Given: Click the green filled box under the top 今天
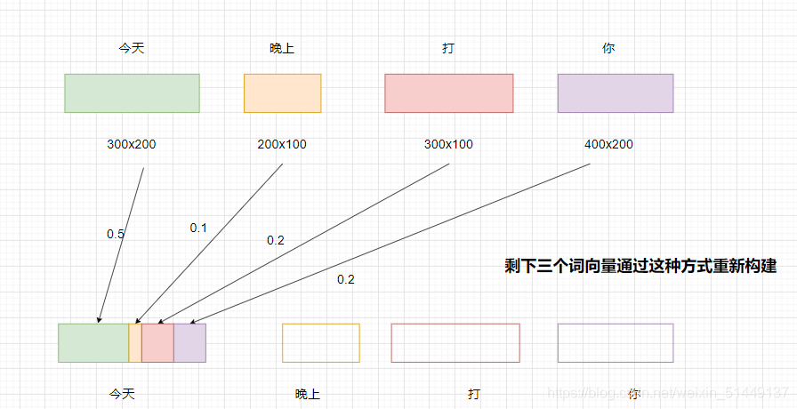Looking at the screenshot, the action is (132, 93).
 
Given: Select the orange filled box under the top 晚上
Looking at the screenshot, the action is (282, 93).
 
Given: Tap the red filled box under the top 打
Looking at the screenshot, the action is (449, 93).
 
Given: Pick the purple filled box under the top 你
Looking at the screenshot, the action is (616, 93).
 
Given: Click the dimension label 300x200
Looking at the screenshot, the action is (132, 144).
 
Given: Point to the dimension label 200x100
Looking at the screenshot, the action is (282, 144).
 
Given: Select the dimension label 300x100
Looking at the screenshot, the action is (448, 144).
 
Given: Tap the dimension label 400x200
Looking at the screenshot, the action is (608, 144).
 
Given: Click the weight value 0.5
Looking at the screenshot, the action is (116, 234).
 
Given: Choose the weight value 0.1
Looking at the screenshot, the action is (198, 228).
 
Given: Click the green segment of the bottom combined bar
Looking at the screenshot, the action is (93, 343).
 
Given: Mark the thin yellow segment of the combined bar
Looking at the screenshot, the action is (135, 343).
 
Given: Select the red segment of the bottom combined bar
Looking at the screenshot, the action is (157, 343).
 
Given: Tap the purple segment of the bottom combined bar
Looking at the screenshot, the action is (189, 343).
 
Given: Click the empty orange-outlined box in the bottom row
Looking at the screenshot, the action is (321, 343).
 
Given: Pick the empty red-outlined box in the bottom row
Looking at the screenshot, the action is (455, 343).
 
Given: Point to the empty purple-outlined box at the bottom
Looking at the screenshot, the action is (616, 343).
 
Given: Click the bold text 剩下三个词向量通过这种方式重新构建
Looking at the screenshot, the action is (640, 265).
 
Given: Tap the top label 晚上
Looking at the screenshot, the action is (282, 49).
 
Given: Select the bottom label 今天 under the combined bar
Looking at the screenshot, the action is (122, 392).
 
